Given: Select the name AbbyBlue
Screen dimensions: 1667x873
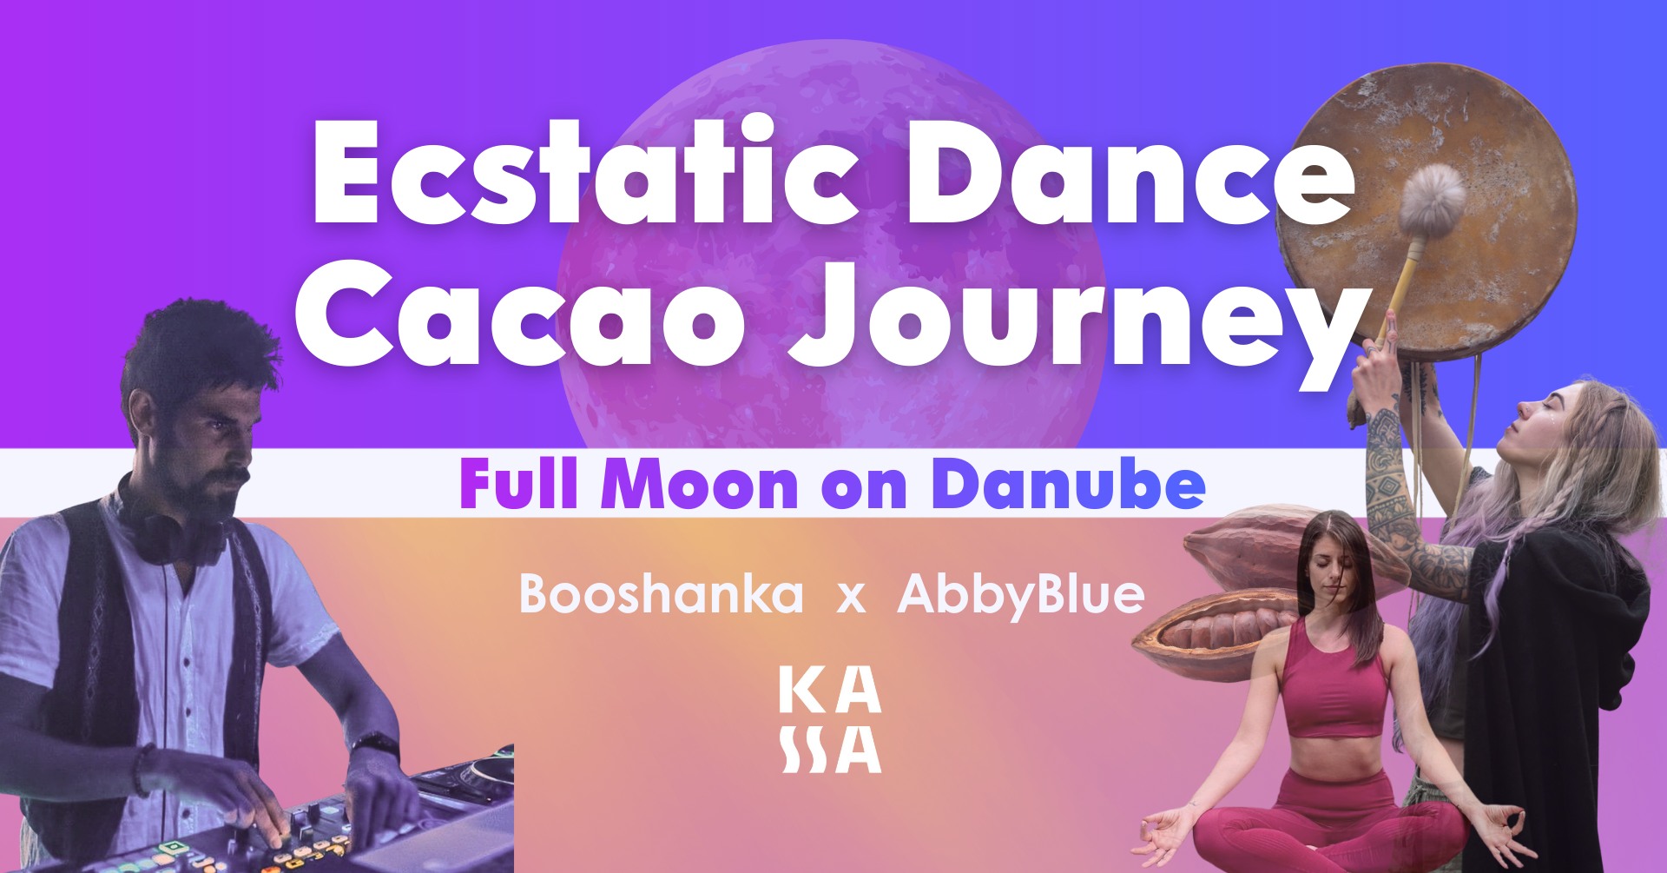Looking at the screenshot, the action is tap(1021, 596).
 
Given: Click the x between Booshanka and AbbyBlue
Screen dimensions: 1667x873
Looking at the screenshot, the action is tap(852, 599).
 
